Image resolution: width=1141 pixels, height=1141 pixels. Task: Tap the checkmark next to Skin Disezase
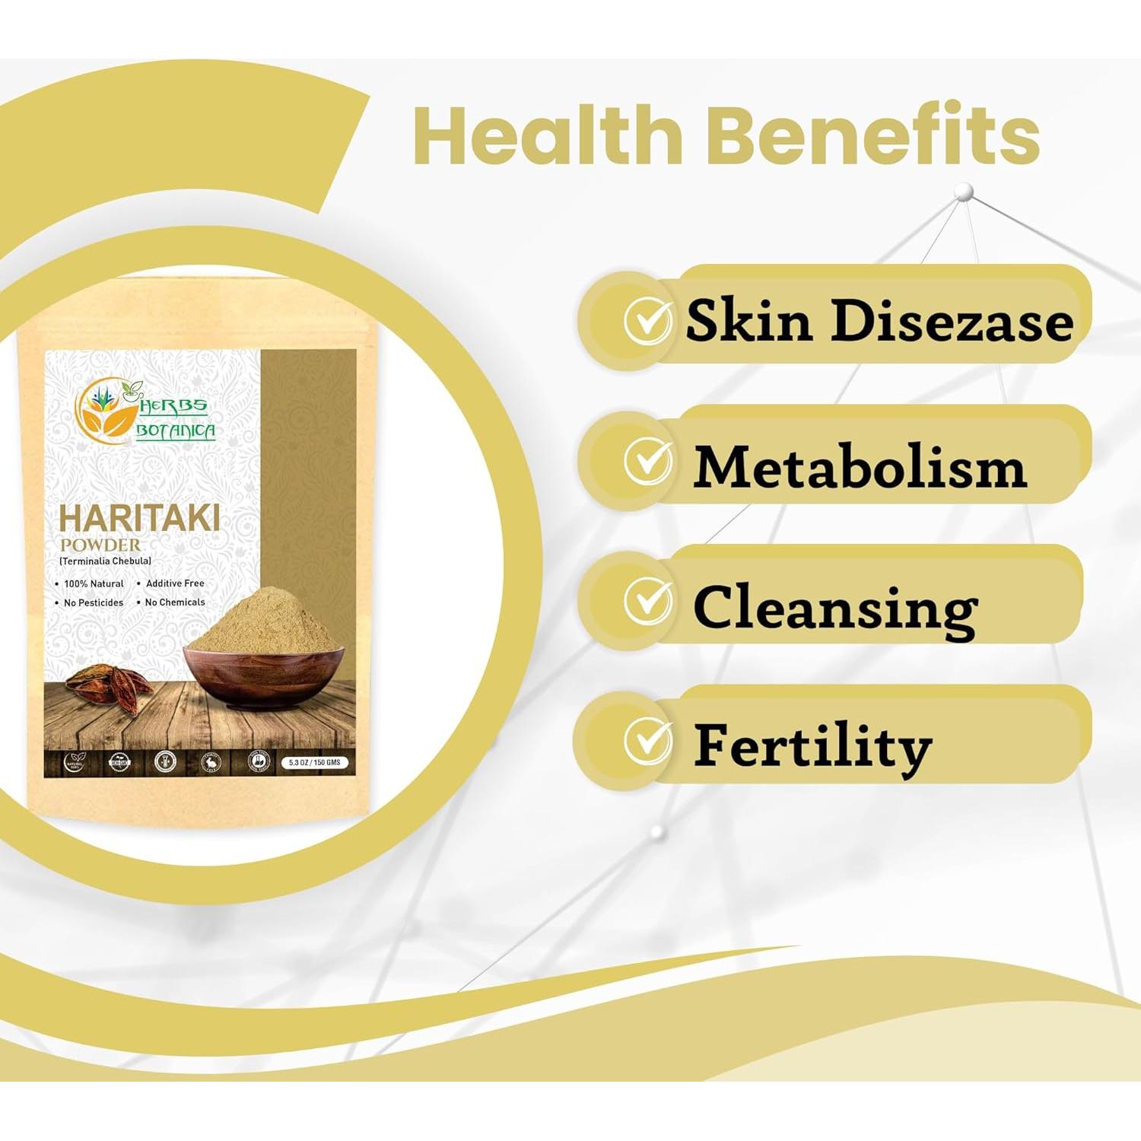point(647,321)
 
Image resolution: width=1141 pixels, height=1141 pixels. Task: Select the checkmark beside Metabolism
point(647,461)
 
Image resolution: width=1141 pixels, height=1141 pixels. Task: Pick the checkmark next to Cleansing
point(647,600)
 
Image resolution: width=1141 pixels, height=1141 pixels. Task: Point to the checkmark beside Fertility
point(647,740)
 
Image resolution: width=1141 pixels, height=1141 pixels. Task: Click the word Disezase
point(951,321)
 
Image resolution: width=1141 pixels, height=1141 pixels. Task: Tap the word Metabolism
point(860,466)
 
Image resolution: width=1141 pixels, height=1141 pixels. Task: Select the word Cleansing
point(835,609)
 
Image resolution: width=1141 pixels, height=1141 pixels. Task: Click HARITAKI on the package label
point(139,519)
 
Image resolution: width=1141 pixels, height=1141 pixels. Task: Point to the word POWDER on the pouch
point(100,545)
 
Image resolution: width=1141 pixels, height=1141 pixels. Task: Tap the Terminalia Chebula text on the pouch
point(105,561)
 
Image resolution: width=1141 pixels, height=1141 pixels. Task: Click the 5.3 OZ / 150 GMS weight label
point(314,762)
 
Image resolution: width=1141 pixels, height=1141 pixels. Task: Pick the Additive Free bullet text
point(175,583)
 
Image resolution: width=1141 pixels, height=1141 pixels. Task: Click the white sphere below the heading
point(964,191)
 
